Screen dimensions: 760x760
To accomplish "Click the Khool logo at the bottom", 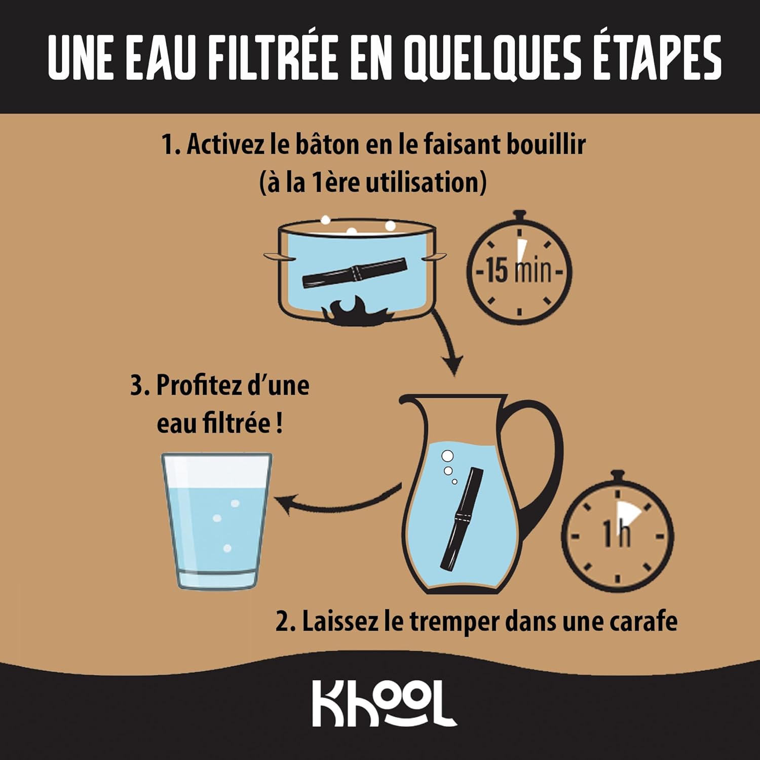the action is [x=384, y=703].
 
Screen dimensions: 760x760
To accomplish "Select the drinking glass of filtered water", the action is [x=216, y=521].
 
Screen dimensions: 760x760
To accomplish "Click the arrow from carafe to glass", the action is [x=337, y=502].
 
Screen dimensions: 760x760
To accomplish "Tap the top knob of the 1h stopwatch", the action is [x=617, y=477].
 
